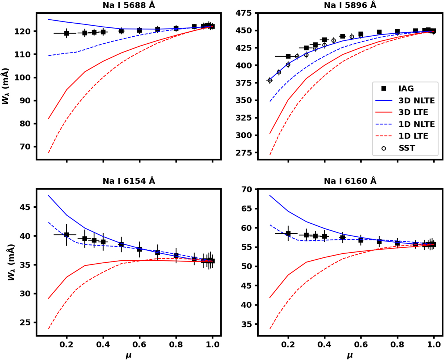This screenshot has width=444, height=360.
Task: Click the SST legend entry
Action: tap(406, 148)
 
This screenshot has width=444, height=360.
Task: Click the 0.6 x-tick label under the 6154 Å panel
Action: tap(139, 344)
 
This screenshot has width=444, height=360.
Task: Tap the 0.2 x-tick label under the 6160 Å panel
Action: tap(288, 344)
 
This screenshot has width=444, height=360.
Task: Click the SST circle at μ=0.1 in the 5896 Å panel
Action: tap(270, 80)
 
